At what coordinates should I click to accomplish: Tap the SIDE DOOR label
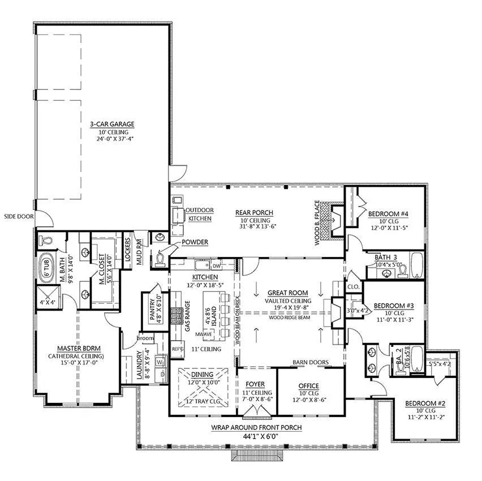(x=19, y=216)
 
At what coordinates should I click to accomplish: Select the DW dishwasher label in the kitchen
(x=216, y=265)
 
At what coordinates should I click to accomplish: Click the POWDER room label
(x=195, y=242)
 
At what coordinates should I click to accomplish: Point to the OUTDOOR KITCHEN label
(x=200, y=214)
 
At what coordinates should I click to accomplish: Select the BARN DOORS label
(x=311, y=362)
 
